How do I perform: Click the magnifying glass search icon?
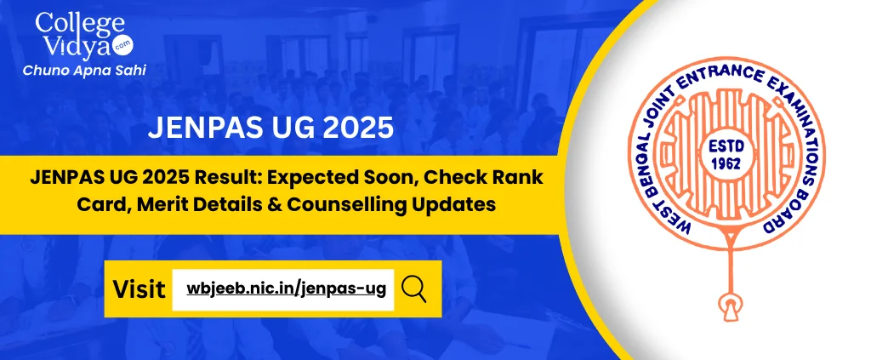click(414, 289)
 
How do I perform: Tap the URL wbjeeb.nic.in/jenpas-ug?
click(286, 289)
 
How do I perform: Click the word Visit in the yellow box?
click(139, 289)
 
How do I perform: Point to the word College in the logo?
click(81, 24)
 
